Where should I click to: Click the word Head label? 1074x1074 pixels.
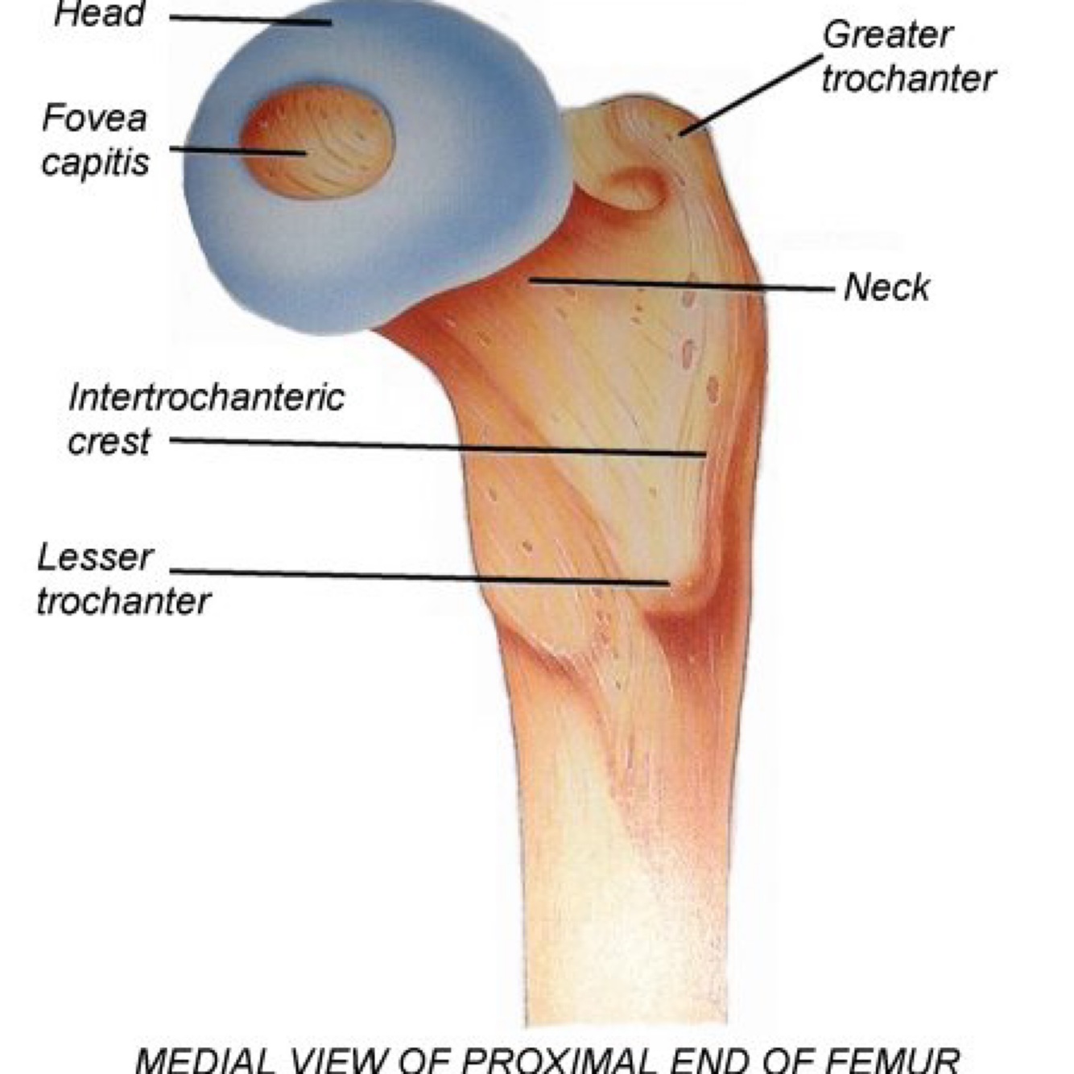[x=99, y=14]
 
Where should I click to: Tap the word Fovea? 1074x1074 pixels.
[x=94, y=118]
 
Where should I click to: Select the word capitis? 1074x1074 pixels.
[x=95, y=161]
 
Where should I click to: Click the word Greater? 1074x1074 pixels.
[x=887, y=35]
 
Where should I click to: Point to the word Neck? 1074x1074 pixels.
[x=886, y=287]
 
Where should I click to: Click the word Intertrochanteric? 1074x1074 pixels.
[x=206, y=398]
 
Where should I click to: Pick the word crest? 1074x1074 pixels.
[x=109, y=441]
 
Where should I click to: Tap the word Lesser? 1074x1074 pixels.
[x=95, y=557]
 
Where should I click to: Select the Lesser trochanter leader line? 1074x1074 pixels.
[x=419, y=576]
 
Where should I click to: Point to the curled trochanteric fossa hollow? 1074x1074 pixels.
[x=636, y=189]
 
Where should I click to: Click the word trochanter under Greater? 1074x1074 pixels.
[x=908, y=79]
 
